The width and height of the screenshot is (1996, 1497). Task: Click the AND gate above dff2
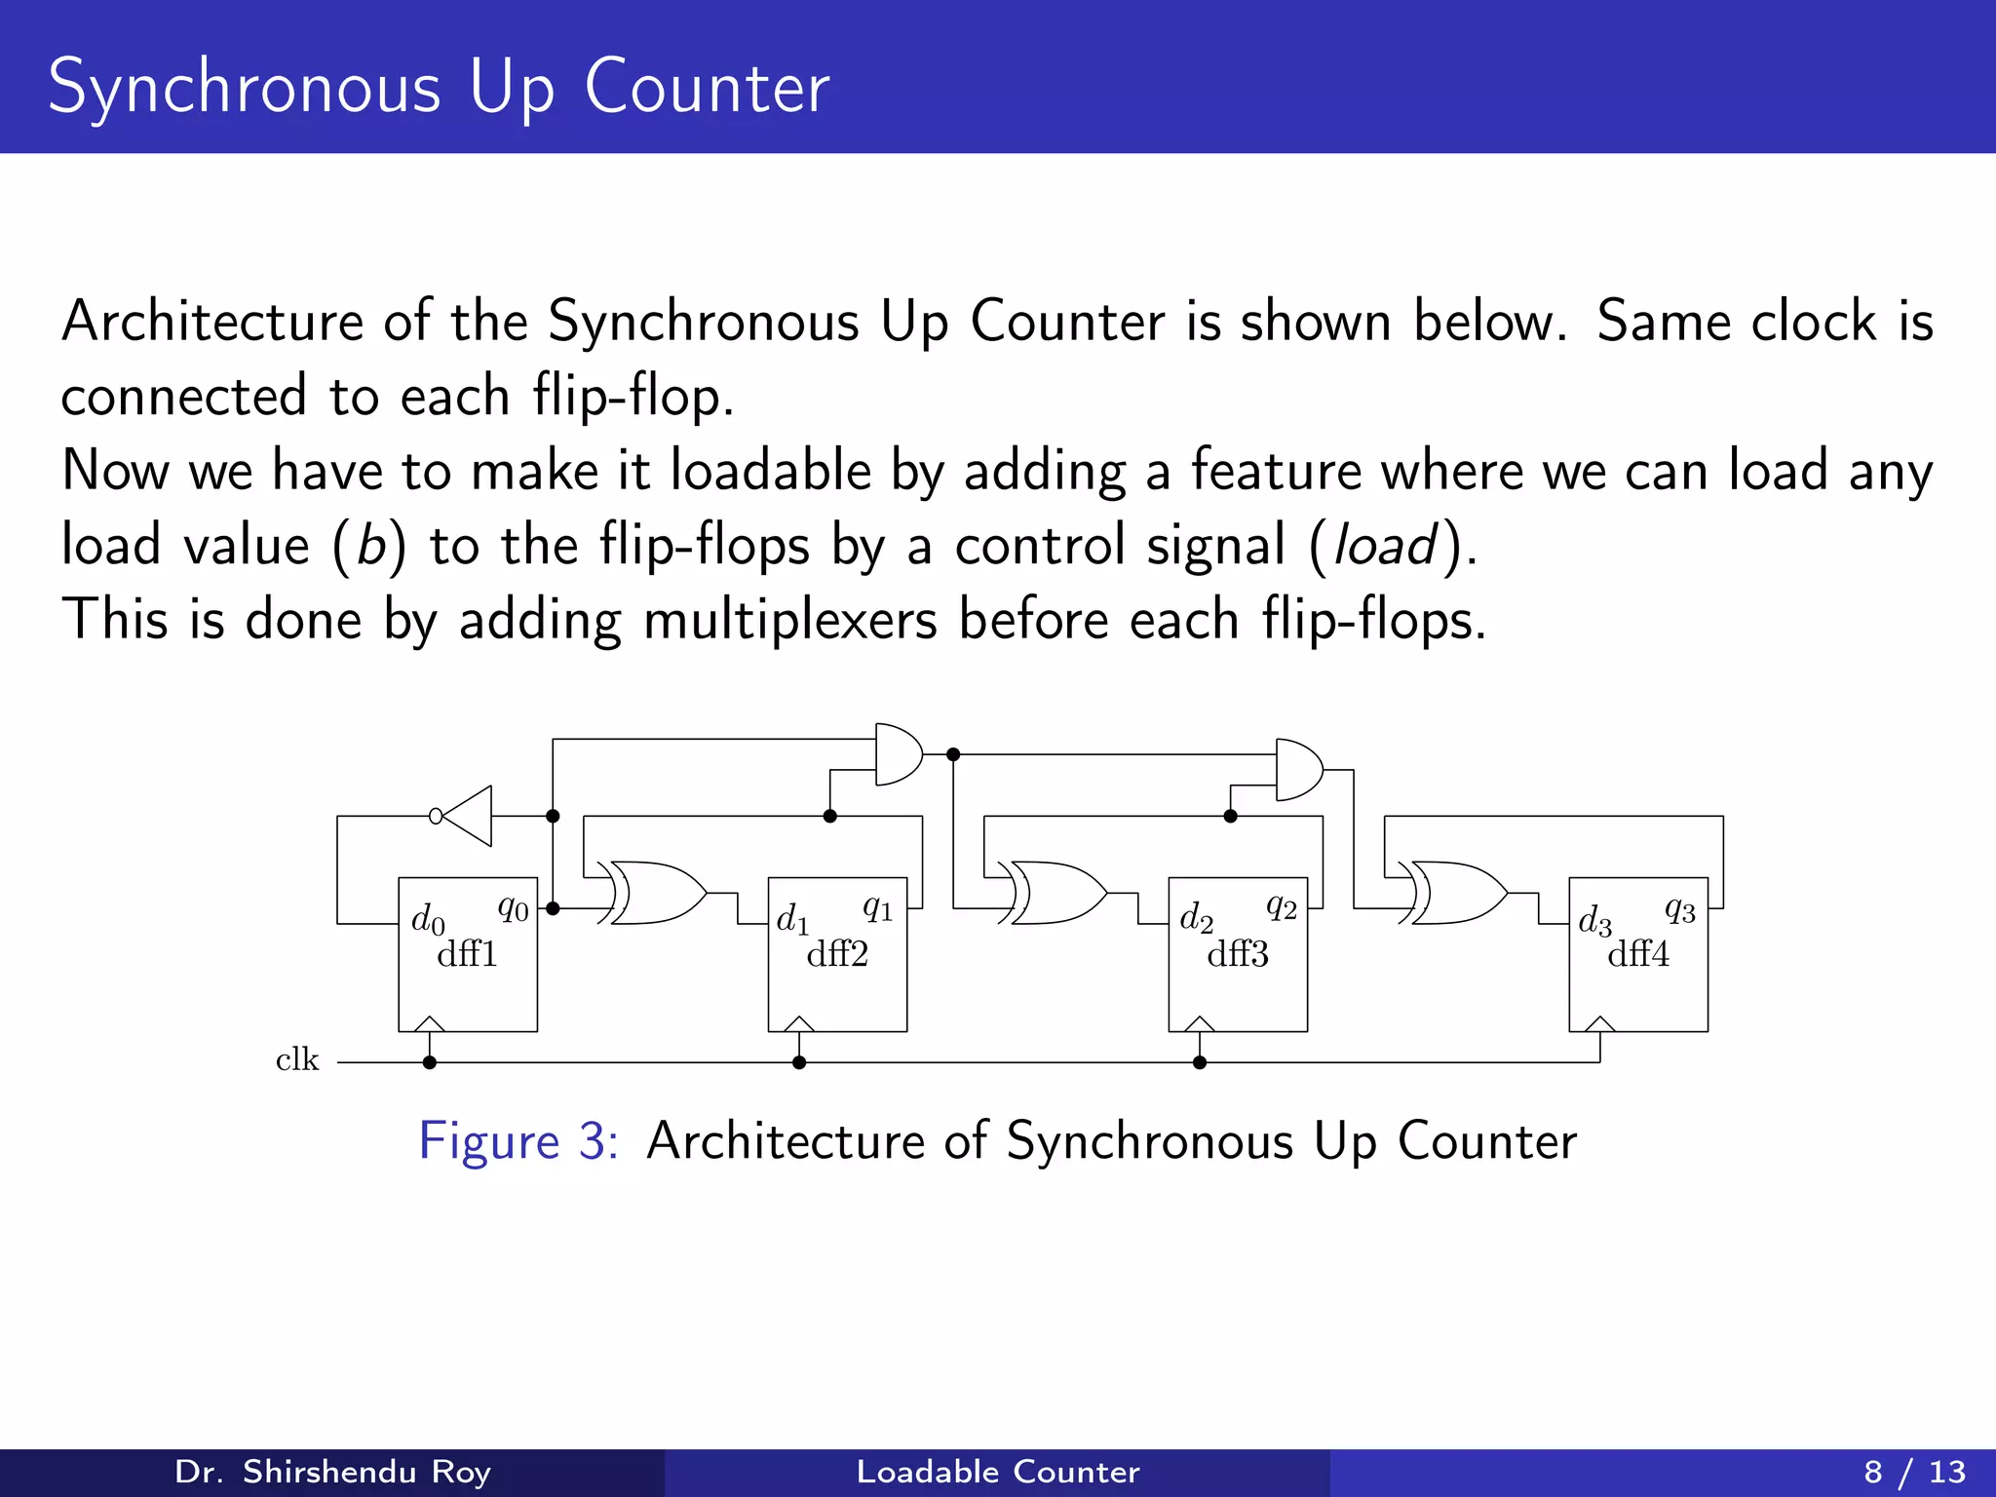tap(898, 754)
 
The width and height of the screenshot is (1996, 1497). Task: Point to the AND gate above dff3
tap(1298, 770)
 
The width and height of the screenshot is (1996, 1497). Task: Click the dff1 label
tap(467, 954)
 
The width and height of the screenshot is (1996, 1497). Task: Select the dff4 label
tap(1638, 954)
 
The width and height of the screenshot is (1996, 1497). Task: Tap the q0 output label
tap(514, 909)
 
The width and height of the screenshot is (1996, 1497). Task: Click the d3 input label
tap(1594, 921)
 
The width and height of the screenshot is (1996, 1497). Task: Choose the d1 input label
tap(792, 919)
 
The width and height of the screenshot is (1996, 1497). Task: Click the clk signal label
tap(297, 1060)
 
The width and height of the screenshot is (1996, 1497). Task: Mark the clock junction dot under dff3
tap(1200, 1062)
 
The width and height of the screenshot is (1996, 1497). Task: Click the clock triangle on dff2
tap(799, 1023)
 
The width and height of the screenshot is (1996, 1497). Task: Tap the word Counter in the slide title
tap(707, 88)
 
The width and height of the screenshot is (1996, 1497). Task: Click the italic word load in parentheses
tap(1384, 545)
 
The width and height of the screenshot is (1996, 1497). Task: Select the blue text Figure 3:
tap(518, 1140)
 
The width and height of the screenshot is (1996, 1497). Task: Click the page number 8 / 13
tap(1914, 1472)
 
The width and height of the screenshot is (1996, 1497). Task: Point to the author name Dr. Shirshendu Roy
tap(332, 1472)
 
